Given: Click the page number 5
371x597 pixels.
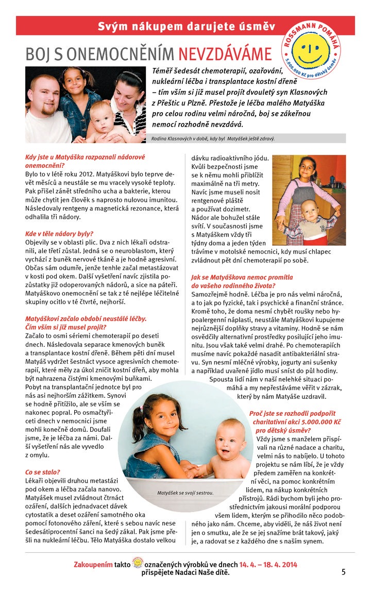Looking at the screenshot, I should click(x=343, y=571).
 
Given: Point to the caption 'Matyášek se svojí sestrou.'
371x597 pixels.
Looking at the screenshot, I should click(x=185, y=493).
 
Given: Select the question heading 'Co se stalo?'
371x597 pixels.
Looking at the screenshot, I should click(x=43, y=472).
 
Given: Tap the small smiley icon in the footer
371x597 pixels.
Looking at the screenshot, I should click(x=138, y=563).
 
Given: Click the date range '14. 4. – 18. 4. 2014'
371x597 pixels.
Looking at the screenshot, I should click(x=268, y=564).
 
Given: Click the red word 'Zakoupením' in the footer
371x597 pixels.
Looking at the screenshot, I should click(x=93, y=564).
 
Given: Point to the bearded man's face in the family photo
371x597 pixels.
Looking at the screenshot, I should click(x=44, y=94).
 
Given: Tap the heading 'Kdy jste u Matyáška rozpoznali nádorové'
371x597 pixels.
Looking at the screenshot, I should click(x=85, y=156).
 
